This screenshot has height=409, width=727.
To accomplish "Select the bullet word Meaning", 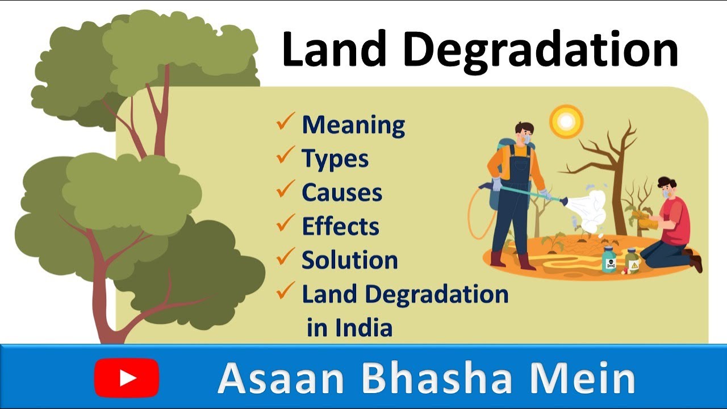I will click(353, 125).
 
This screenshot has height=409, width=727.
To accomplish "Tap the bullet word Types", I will click(335, 160).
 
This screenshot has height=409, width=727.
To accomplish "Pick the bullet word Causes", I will click(342, 193).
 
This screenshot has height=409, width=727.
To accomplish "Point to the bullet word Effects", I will click(340, 226).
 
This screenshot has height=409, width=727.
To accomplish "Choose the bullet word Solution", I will click(349, 260).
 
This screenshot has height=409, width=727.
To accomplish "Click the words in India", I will click(349, 328).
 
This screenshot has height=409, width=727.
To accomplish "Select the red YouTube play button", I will click(127, 378).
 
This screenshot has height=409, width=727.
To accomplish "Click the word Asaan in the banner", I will click(283, 378).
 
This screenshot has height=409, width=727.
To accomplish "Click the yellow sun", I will click(566, 120).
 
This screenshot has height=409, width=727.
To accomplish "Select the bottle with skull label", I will click(609, 261).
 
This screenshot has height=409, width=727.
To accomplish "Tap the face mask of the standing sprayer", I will click(528, 138).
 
